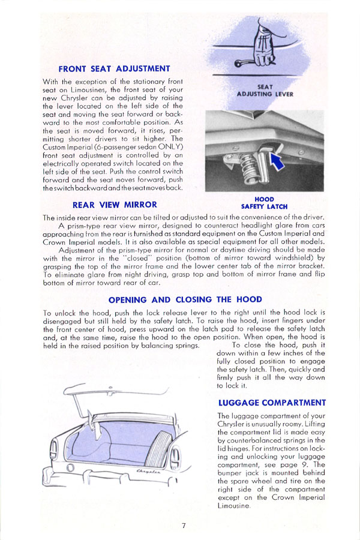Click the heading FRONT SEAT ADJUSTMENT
pyautogui.click(x=114, y=69)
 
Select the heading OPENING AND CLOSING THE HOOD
pyautogui.click(x=185, y=299)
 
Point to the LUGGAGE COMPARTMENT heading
pyautogui.click(x=272, y=403)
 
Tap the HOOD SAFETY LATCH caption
pyautogui.click(x=264, y=203)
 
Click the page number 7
pyautogui.click(x=184, y=526)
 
